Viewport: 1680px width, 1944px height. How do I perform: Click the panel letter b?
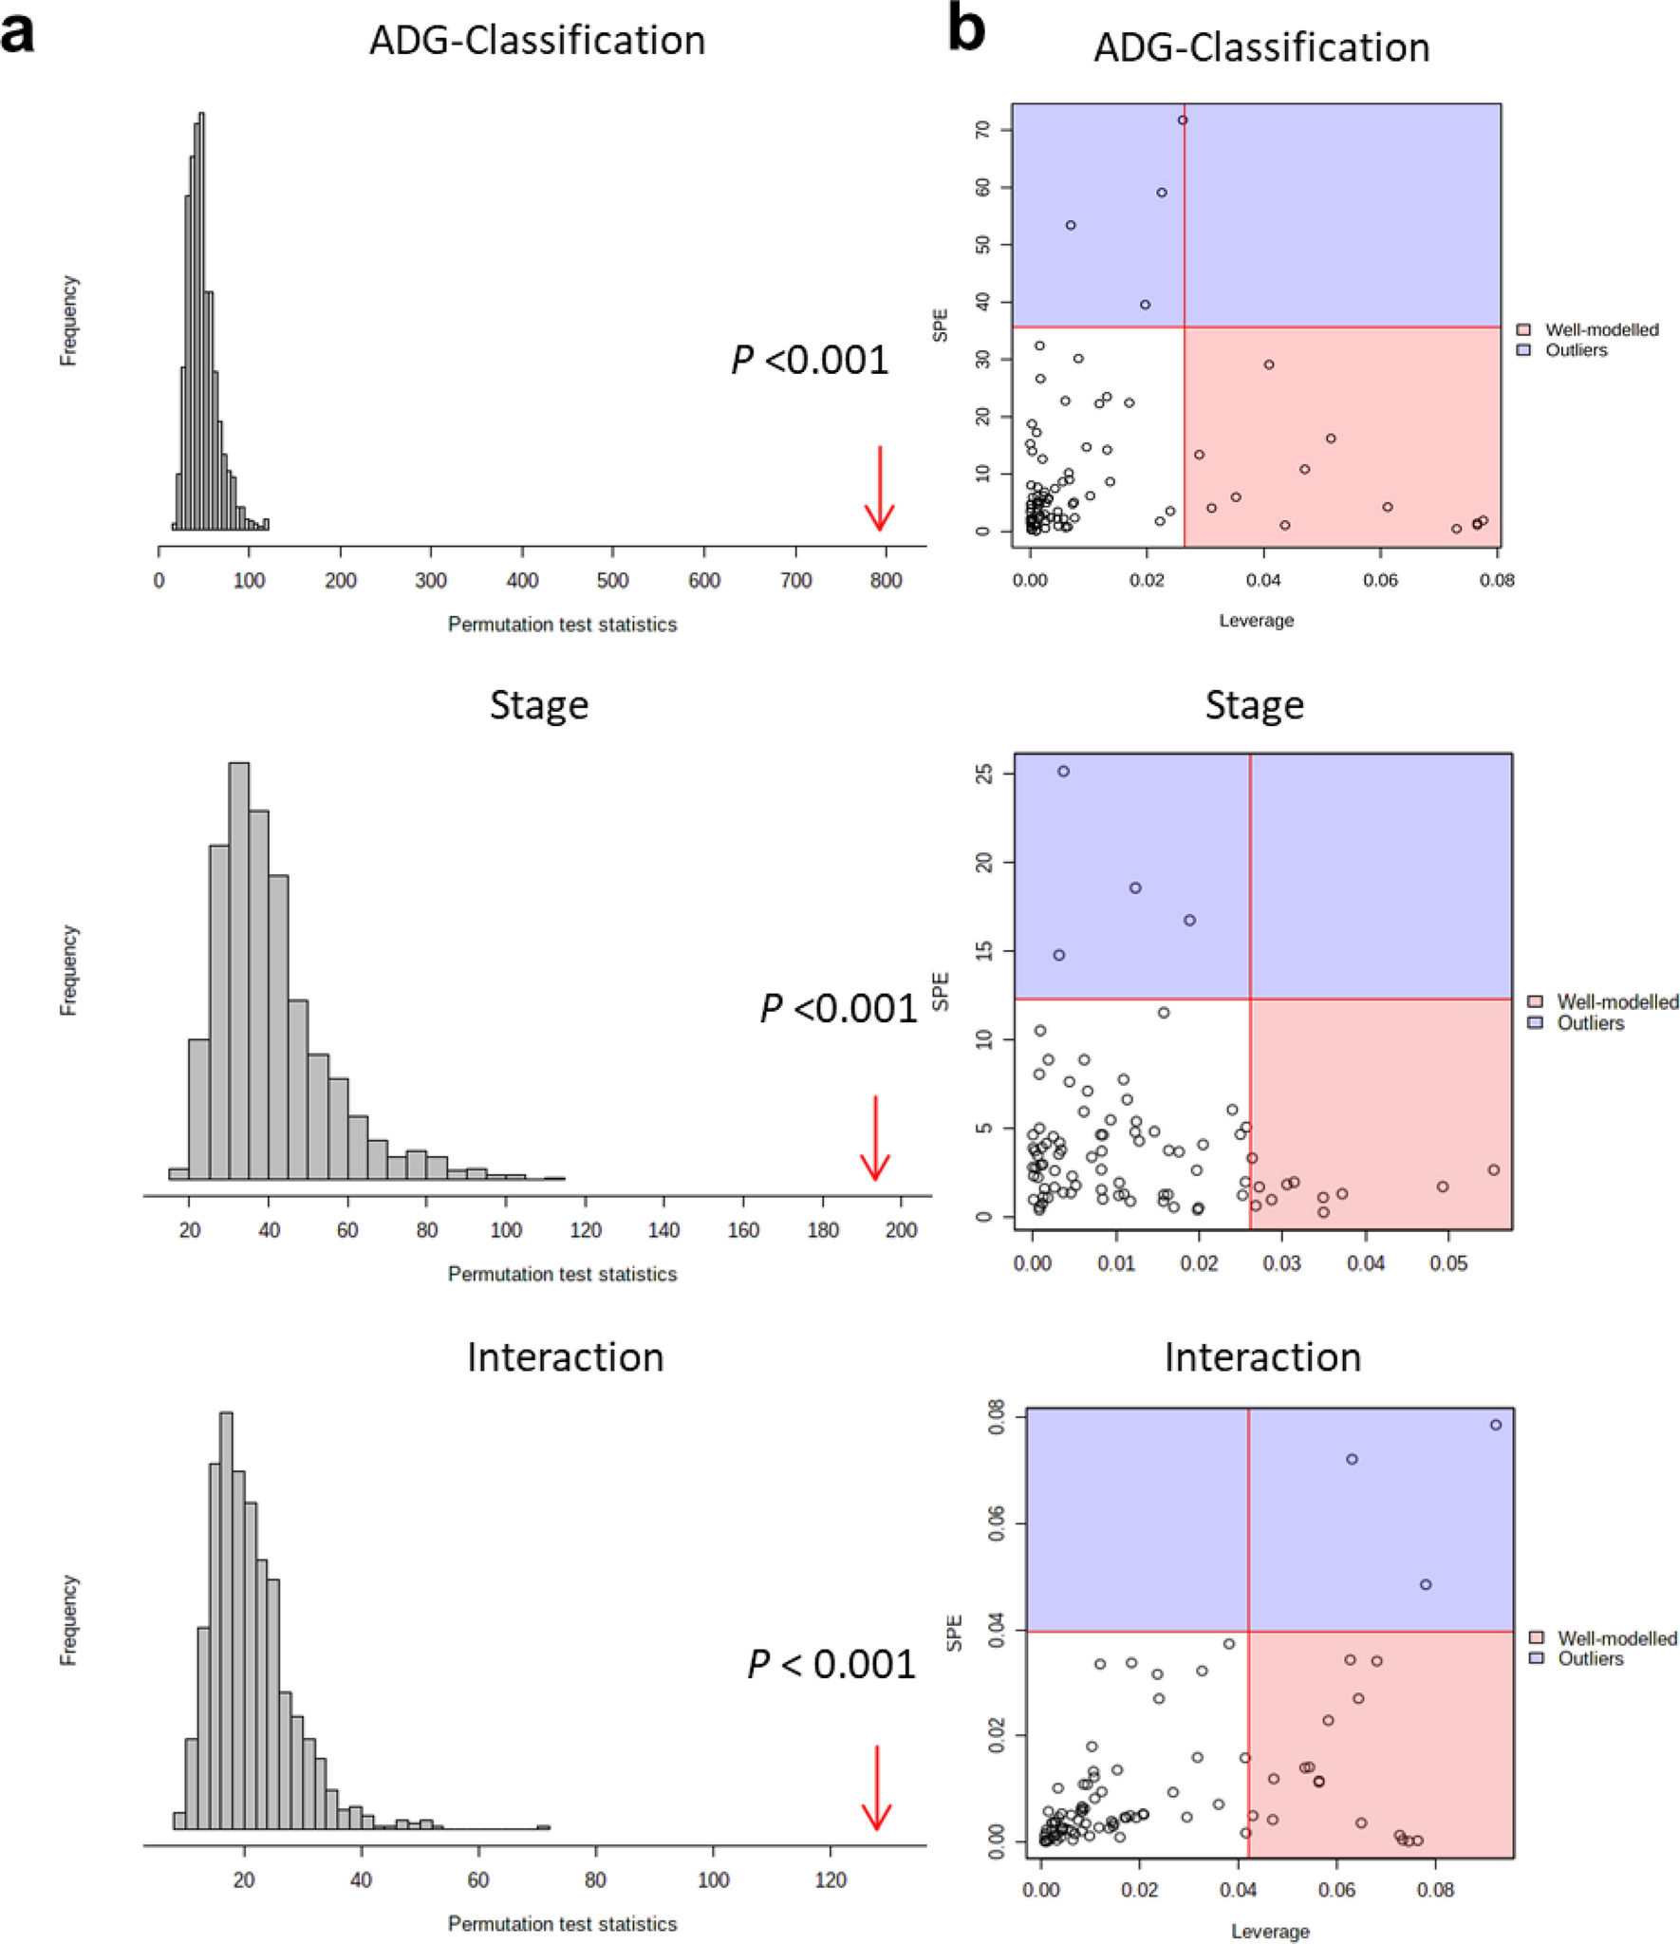click(965, 30)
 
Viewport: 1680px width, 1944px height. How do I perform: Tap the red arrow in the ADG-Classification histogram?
click(879, 490)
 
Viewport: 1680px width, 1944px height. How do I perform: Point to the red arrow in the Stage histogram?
click(874, 1138)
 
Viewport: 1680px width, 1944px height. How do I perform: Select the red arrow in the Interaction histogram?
click(875, 1788)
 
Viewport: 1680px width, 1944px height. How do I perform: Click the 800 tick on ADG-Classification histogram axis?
click(885, 580)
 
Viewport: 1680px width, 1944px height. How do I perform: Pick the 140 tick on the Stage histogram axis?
click(663, 1230)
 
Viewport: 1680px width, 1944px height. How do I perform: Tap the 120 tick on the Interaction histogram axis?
click(830, 1880)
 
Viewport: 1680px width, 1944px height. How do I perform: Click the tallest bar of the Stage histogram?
click(239, 968)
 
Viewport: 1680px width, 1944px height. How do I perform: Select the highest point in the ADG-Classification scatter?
click(1182, 121)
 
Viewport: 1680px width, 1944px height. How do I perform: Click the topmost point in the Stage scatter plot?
click(1063, 772)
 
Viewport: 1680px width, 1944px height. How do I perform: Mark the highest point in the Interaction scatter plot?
click(1495, 1425)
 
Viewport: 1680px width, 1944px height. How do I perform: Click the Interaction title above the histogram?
click(565, 1357)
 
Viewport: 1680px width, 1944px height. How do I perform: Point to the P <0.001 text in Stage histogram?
click(838, 1008)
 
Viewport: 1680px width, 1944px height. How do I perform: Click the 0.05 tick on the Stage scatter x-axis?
click(1448, 1263)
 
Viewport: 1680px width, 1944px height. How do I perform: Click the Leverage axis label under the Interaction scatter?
click(1269, 1931)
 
